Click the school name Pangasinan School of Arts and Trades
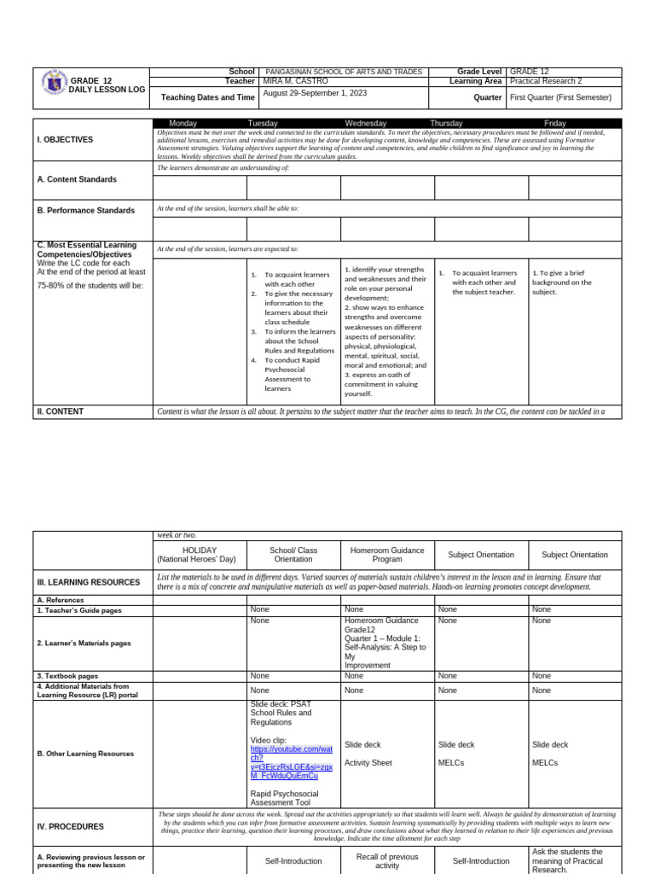click(344, 72)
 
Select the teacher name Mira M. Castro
click(297, 81)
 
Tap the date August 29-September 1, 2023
click(318, 93)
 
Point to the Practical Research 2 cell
click(546, 81)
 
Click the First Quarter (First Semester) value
click(560, 97)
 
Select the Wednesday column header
click(365, 124)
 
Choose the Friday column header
click(554, 124)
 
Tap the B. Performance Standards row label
click(85, 210)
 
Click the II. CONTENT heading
click(61, 411)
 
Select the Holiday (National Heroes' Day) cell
click(200, 555)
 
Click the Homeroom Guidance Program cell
click(387, 555)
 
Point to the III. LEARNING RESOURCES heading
click(89, 582)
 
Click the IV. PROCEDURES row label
click(71, 826)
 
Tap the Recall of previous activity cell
click(387, 860)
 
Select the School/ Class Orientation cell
click(293, 555)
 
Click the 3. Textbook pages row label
click(67, 676)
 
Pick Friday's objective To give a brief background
click(562, 283)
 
